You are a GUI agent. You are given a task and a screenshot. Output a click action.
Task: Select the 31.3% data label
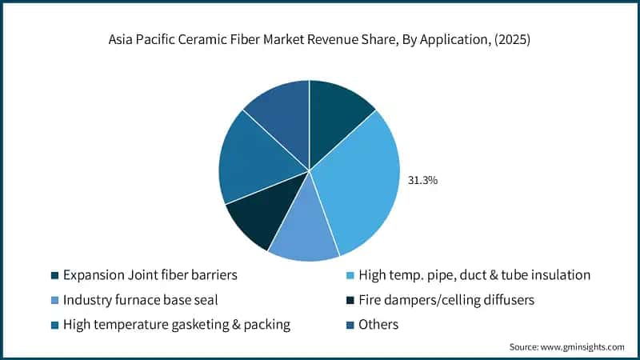(x=424, y=180)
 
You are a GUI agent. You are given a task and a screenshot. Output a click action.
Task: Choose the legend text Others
(x=378, y=325)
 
